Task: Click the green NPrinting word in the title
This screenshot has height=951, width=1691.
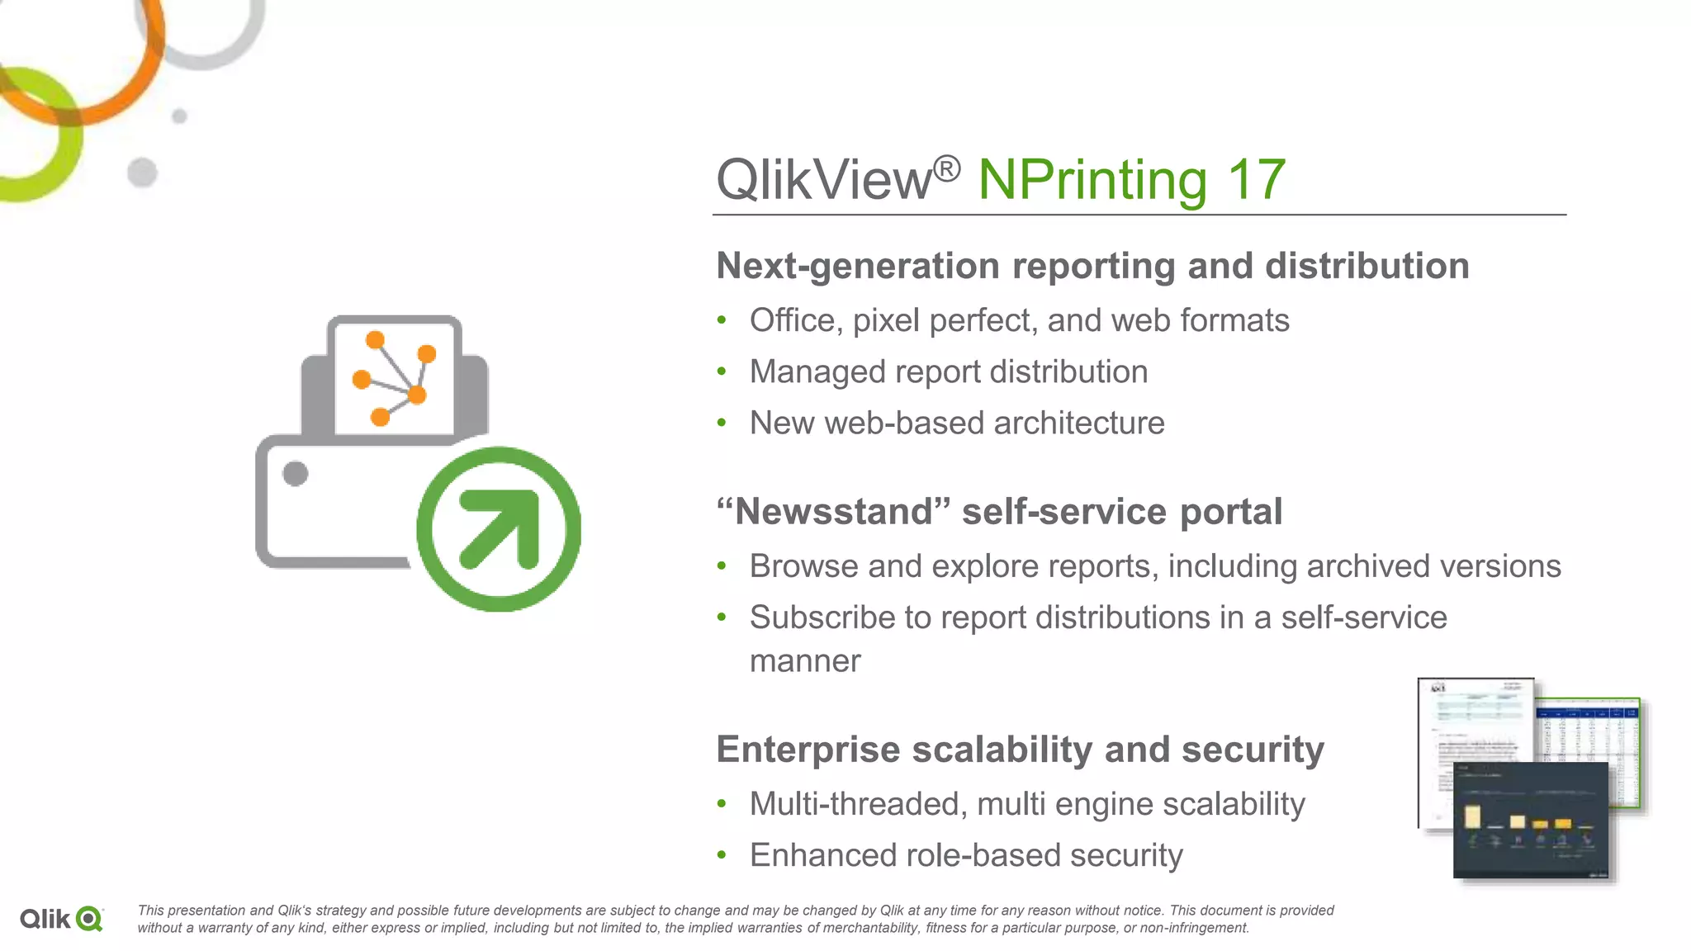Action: [1092, 180]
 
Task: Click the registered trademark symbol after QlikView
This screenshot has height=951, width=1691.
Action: [947, 169]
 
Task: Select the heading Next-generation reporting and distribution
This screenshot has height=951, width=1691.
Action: [1092, 266]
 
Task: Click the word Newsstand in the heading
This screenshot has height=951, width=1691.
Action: [834, 512]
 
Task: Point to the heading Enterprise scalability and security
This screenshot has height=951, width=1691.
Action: [1020, 750]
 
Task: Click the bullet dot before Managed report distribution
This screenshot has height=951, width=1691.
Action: [722, 372]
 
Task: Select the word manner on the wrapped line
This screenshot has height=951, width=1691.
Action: [805, 661]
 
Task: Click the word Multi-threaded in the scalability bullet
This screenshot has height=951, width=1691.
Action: [858, 804]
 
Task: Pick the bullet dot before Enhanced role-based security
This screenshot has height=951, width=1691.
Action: [722, 856]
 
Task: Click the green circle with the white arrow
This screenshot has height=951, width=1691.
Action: [499, 529]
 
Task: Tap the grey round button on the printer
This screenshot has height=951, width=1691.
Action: [295, 474]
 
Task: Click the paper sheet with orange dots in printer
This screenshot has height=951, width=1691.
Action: [394, 377]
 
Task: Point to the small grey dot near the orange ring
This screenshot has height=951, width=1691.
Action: [179, 116]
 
